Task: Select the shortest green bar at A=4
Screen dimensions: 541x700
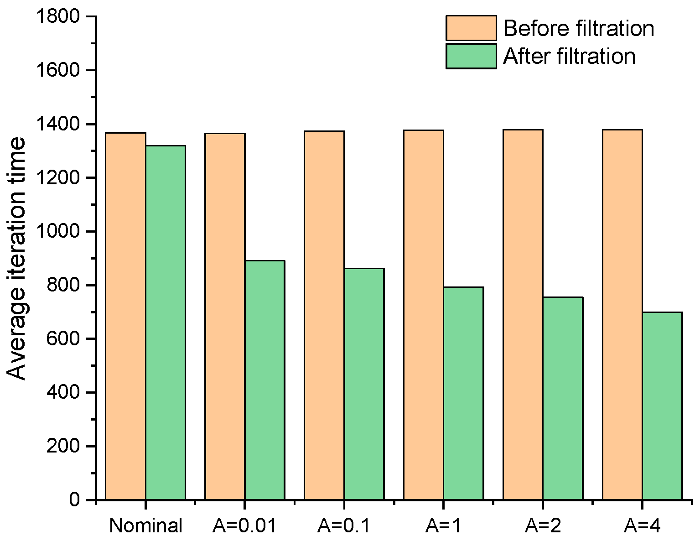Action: (662, 406)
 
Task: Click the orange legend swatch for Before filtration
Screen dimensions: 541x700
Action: (471, 28)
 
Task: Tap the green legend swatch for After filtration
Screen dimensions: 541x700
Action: (471, 56)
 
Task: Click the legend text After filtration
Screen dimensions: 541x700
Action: (569, 57)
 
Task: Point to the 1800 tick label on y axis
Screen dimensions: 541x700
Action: (59, 17)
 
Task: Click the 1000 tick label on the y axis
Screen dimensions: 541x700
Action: (59, 232)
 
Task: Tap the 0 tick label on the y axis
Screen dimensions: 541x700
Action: (75, 500)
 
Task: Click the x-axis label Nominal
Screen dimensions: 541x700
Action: (146, 526)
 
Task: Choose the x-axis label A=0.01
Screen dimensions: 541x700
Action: (245, 526)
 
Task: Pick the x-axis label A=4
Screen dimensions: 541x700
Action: (642, 526)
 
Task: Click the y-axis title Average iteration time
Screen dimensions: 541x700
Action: (17, 259)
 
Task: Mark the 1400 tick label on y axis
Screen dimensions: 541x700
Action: (59, 124)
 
